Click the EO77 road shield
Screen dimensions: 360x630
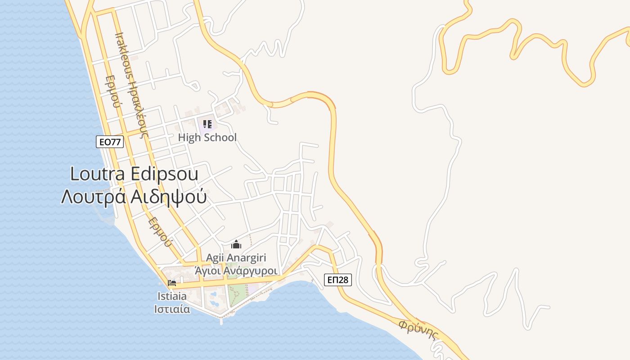(110, 142)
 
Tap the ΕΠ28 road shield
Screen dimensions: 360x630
(337, 280)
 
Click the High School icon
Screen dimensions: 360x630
(207, 124)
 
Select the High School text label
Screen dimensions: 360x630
(207, 137)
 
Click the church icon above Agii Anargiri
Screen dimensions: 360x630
(236, 245)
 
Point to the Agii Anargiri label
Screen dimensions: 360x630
(236, 258)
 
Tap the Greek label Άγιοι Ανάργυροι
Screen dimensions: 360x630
(235, 271)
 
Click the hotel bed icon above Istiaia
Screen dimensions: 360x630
(171, 283)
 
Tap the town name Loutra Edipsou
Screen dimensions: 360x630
(134, 174)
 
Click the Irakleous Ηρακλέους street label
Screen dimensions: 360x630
(131, 83)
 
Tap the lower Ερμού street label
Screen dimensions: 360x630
(160, 232)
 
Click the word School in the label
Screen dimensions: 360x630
(220, 137)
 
